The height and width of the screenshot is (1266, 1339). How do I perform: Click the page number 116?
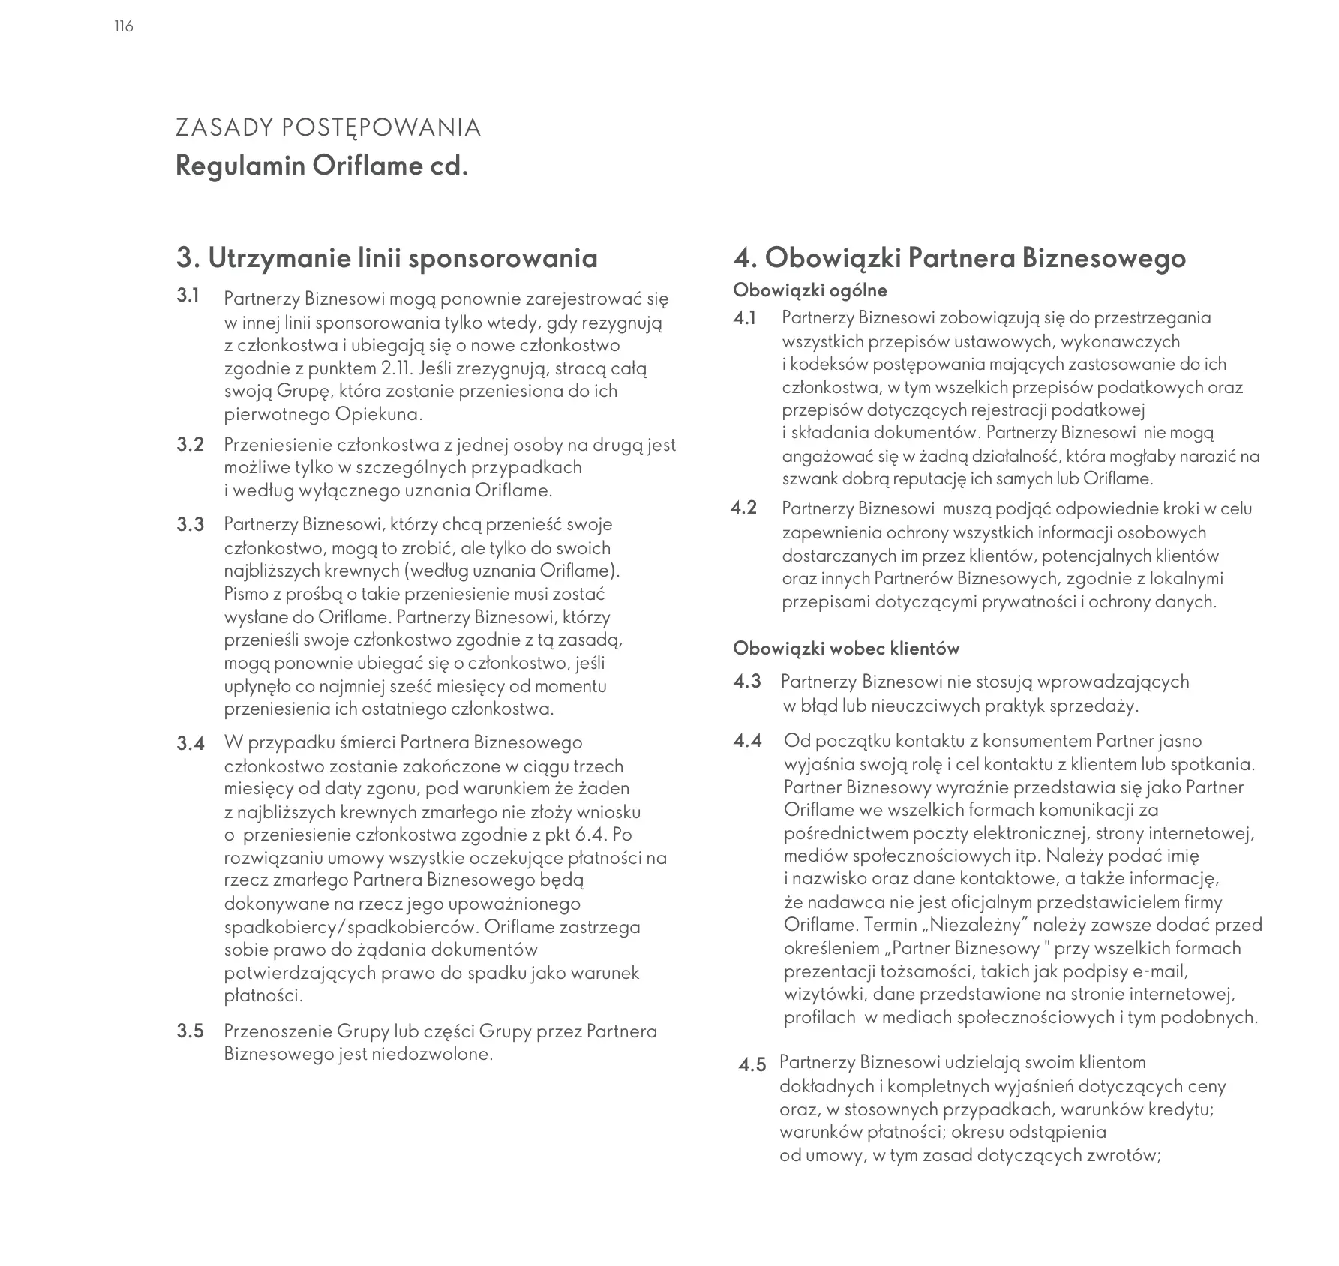124,27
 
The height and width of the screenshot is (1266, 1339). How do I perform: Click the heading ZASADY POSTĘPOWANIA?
328,128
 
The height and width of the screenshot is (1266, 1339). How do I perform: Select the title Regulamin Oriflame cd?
322,166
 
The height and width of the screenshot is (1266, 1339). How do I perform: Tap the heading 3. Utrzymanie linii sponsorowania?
386,258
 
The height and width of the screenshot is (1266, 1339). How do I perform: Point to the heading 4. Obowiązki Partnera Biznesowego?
959,258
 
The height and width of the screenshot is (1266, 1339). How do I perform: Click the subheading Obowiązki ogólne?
809,290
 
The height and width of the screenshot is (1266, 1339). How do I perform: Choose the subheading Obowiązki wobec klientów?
846,649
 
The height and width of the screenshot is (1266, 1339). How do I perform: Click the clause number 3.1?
188,295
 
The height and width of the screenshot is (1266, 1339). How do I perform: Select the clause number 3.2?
191,445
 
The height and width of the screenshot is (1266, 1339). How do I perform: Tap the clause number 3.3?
191,524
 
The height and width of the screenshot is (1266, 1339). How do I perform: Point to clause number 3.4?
191,744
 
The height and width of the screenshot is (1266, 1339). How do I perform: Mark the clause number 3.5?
191,1031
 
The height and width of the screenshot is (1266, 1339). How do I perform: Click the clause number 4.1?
745,318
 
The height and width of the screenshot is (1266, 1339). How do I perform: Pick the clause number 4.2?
743,508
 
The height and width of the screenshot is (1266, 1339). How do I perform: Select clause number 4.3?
747,682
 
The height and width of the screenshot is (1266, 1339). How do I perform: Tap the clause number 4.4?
747,742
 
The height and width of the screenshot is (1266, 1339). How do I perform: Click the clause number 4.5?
752,1065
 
